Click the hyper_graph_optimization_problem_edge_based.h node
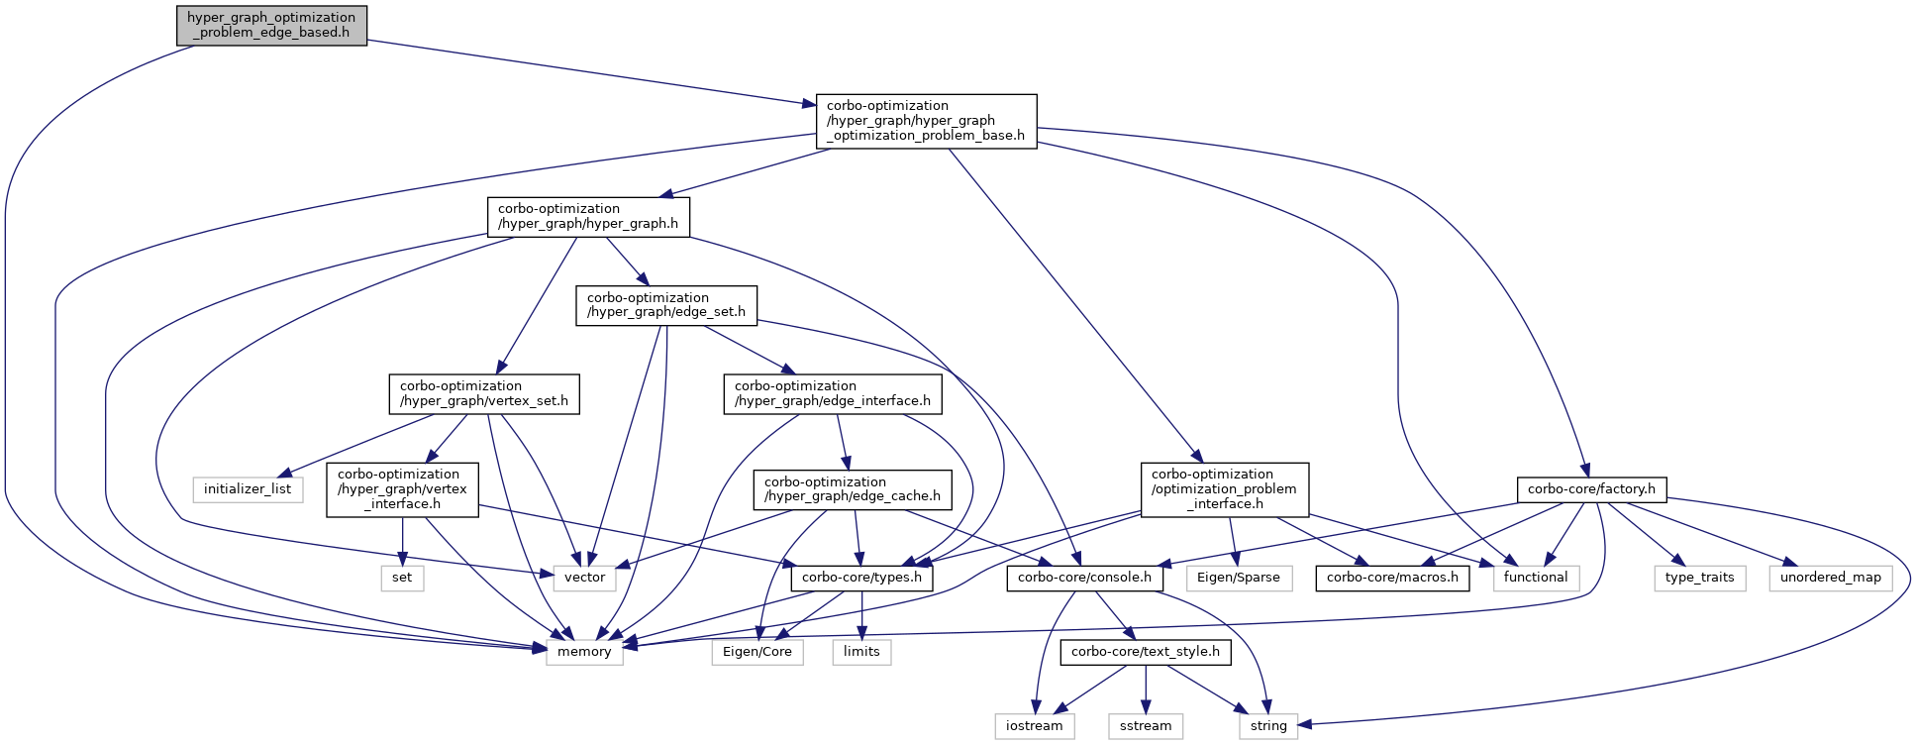[x=271, y=26]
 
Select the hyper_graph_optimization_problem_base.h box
[x=926, y=121]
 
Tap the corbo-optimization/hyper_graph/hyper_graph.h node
[x=588, y=217]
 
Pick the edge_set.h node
[x=666, y=306]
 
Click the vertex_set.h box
[x=484, y=394]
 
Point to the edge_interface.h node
[x=833, y=394]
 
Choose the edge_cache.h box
[x=853, y=490]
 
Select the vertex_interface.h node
[x=402, y=489]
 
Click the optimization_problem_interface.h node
[x=1224, y=489]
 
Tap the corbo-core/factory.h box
[x=1591, y=489]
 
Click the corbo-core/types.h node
[x=861, y=578]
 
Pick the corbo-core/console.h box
[x=1084, y=578]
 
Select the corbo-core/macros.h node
[x=1392, y=578]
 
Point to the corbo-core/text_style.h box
[x=1146, y=652]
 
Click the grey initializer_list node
[x=248, y=489]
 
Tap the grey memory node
[x=584, y=652]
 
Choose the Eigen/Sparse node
[x=1238, y=578]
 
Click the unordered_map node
[x=1831, y=578]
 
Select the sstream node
[x=1146, y=726]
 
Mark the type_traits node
[x=1700, y=578]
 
